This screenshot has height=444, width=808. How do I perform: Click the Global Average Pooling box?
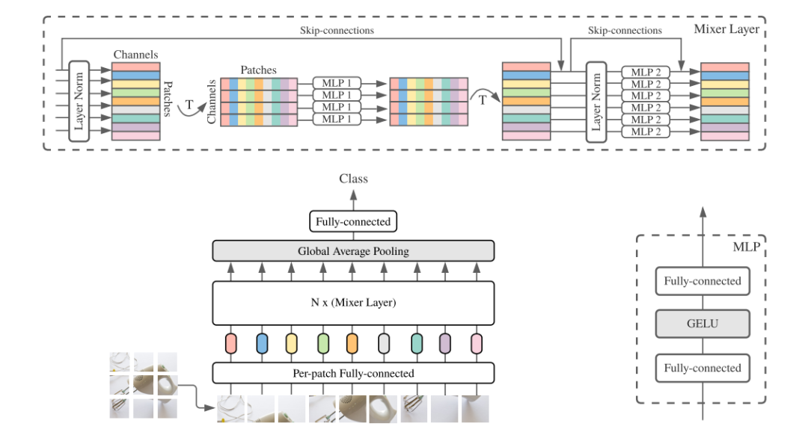click(353, 251)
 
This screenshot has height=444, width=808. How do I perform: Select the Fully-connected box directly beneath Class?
click(353, 221)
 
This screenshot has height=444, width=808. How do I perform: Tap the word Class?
click(353, 179)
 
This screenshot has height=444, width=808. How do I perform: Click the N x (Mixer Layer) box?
click(353, 302)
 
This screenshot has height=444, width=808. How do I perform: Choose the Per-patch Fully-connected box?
click(353, 373)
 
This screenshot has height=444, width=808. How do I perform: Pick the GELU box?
click(703, 324)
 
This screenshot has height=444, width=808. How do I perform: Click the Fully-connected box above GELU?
click(703, 281)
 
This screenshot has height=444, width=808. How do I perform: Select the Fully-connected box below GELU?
click(703, 368)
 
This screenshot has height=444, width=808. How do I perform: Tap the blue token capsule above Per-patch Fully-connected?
click(262, 344)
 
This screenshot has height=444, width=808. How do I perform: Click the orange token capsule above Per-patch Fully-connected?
click(352, 344)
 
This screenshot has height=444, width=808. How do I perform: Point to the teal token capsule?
click(417, 344)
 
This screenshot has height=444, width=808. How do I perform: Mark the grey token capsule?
click(383, 344)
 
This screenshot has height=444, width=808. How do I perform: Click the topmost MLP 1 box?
click(337, 83)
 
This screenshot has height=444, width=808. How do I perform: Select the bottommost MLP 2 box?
click(646, 132)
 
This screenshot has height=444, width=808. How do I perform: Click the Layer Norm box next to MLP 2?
click(596, 102)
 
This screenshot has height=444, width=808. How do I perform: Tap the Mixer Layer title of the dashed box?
click(726, 29)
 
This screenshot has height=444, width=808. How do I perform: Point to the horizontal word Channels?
click(135, 55)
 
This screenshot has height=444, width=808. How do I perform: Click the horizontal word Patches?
click(258, 70)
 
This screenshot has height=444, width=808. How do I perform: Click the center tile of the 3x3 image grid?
click(143, 385)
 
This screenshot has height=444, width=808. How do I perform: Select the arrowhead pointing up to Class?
click(353, 195)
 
